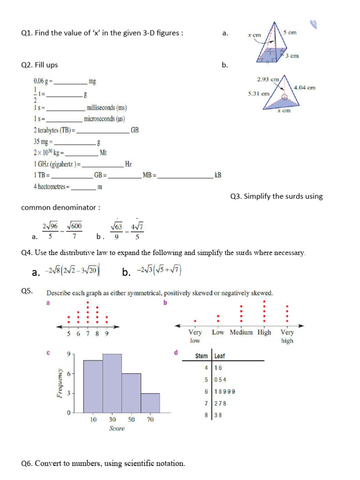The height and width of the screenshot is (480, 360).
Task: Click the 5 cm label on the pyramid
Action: pos(290,33)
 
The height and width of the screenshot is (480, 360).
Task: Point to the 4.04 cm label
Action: pos(304,87)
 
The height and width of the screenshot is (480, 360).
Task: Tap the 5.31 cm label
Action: pos(259,93)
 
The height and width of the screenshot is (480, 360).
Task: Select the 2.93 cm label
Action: pos(268,80)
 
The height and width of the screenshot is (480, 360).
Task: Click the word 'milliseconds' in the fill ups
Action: pos(103,108)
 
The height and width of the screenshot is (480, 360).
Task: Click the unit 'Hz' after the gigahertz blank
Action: pos(128,164)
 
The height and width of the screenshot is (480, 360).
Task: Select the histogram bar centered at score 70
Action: pos(150,403)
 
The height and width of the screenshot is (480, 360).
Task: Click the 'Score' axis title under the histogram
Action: pos(117,428)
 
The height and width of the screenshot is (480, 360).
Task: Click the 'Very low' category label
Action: pos(195,336)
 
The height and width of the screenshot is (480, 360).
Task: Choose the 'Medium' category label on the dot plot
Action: pos(241,332)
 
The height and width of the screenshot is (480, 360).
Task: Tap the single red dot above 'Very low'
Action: pos(195,321)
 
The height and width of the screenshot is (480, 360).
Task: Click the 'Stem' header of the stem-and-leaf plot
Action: pos(202,356)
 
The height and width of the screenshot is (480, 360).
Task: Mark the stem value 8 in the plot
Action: pos(206,415)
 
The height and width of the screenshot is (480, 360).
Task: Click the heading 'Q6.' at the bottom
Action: pos(27,464)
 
